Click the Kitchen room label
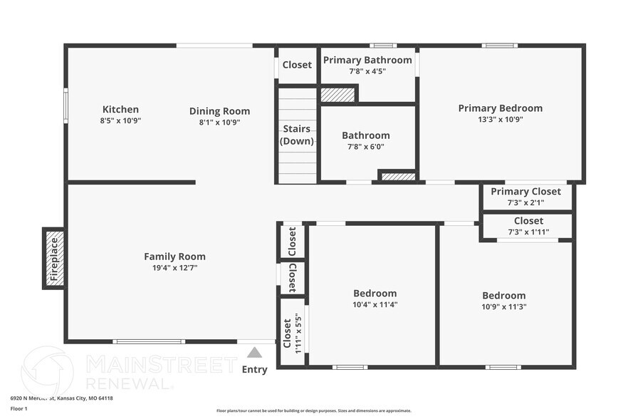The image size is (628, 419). tap(120, 110)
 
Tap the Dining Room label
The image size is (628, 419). tap(219, 111)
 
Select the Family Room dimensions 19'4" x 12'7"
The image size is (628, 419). tap(174, 268)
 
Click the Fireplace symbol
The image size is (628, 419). tap(54, 258)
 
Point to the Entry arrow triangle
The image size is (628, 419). tap(254, 352)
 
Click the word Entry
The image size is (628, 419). tap(254, 369)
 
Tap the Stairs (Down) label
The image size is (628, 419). tap(296, 135)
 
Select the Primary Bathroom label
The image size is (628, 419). tap(367, 60)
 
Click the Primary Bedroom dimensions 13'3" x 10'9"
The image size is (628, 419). tap(500, 120)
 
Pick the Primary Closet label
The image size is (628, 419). tap(525, 192)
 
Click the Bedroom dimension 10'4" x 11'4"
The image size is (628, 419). tap(375, 304)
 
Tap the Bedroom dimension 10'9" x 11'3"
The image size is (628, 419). tap(503, 307)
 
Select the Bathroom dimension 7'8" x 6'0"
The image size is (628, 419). tap(365, 147)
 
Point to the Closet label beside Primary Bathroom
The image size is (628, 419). tap(297, 65)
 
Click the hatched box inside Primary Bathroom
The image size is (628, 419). tap(337, 94)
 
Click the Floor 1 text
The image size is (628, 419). tap(19, 409)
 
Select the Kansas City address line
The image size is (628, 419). tap(61, 398)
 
